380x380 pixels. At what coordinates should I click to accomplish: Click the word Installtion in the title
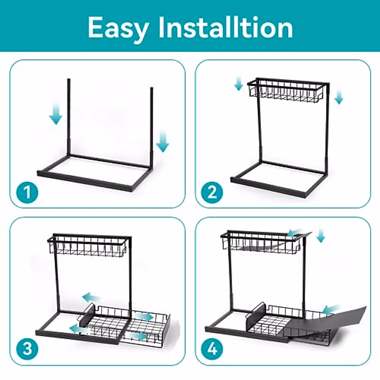click(225, 28)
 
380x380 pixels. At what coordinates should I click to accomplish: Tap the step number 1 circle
click(28, 192)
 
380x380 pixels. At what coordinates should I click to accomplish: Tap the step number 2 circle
click(212, 192)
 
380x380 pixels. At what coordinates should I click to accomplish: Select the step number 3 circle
click(28, 349)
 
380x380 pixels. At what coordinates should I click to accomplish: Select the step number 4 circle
click(212, 349)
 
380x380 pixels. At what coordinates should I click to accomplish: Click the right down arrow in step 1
click(163, 142)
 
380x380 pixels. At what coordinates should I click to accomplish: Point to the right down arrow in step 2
click(339, 96)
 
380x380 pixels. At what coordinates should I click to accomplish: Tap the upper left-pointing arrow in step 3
click(92, 298)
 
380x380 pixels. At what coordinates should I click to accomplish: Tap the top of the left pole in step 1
click(69, 81)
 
